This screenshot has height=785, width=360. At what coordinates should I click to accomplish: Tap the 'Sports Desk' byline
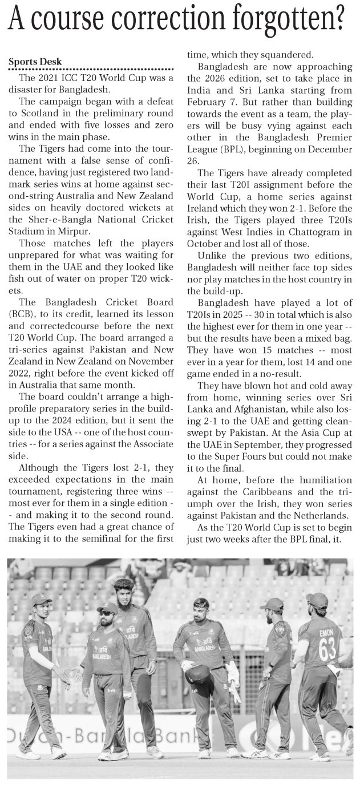pyautogui.click(x=35, y=62)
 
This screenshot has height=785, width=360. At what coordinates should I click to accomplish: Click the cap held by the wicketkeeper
pyautogui.click(x=196, y=675)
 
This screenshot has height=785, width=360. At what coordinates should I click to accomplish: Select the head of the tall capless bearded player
pyautogui.click(x=123, y=594)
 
